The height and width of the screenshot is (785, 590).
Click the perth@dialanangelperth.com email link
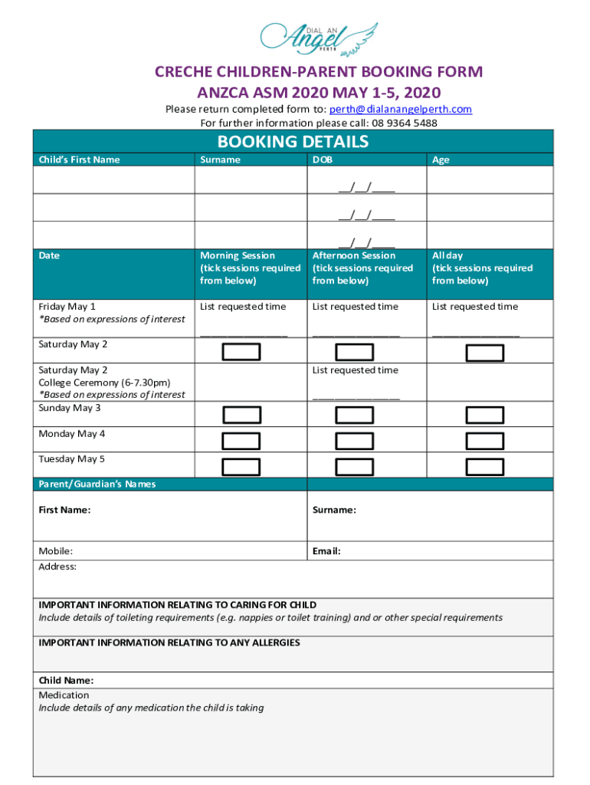pos(400,110)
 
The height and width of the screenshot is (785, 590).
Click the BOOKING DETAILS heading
pos(293,142)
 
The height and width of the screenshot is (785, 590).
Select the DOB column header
pos(322,160)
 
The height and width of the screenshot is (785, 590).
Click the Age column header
pos(441,160)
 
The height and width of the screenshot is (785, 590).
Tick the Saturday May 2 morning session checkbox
pos(241,352)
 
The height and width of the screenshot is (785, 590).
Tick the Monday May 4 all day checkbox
pos(485,441)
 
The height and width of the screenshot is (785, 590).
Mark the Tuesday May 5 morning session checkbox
pos(241,467)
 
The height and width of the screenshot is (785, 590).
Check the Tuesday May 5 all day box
pos(485,467)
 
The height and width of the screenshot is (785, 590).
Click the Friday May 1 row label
pos(67,307)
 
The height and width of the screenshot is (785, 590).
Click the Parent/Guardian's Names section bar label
pos(97,484)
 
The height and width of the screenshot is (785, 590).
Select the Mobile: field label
pos(56,551)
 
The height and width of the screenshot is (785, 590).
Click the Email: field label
pos(326,551)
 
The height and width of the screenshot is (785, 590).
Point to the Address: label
pos(57,567)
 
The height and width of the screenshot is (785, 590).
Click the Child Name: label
pos(67,681)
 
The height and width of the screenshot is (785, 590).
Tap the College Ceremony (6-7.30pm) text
pos(104,383)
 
